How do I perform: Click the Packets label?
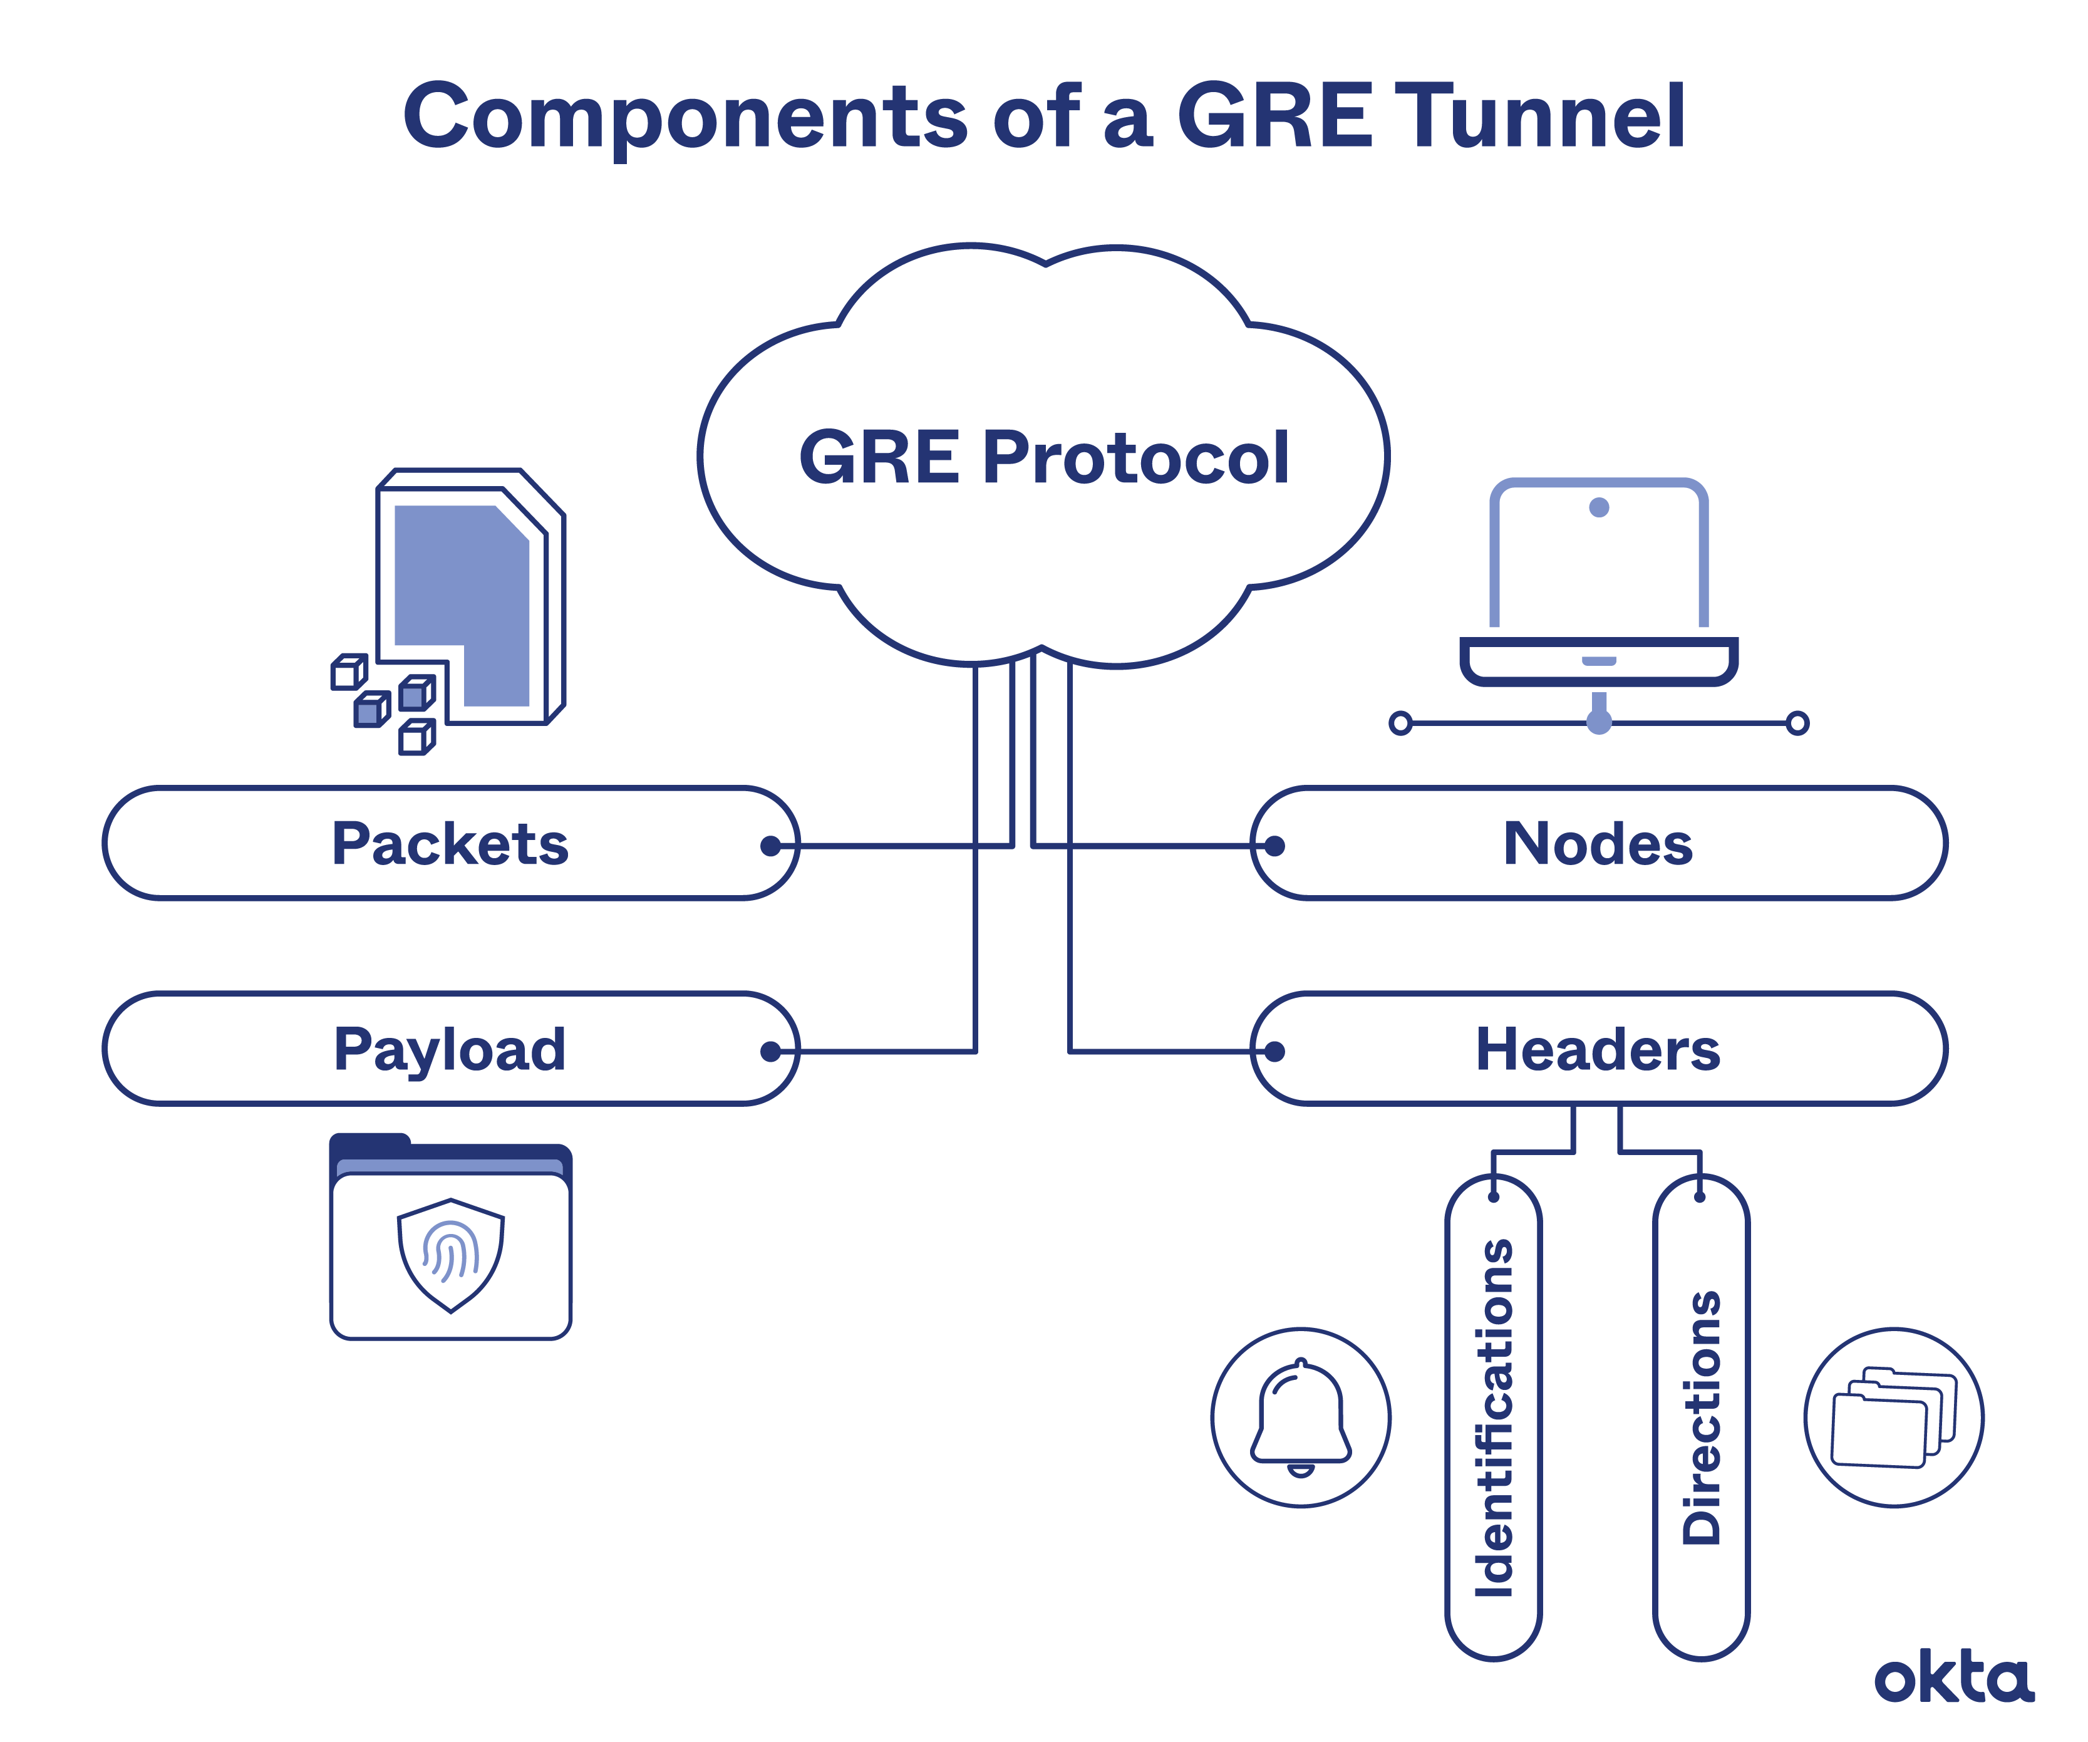click(x=450, y=844)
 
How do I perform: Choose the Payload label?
click(x=450, y=1049)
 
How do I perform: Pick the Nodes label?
click(x=1598, y=844)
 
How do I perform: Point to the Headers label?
click(x=1598, y=1049)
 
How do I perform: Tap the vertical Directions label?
click(x=1701, y=1417)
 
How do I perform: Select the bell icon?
click(x=1301, y=1417)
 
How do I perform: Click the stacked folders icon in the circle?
click(x=1893, y=1417)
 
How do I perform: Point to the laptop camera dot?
click(x=1599, y=508)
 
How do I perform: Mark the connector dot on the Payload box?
click(x=770, y=1051)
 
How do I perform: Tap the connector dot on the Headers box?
click(x=1274, y=1051)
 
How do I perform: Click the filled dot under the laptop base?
click(x=1599, y=723)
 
